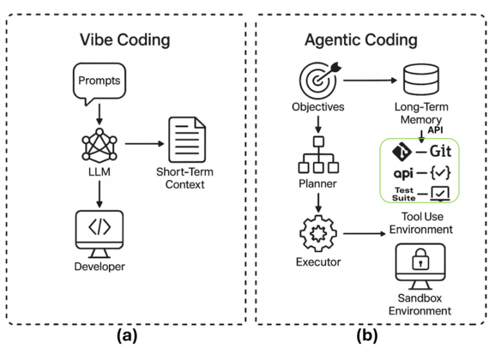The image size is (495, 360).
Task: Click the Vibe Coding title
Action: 124,39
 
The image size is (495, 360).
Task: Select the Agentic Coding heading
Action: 360,39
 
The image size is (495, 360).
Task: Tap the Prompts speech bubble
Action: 99,82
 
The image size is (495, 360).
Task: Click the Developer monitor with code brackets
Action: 99,229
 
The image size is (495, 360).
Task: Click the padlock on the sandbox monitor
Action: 420,261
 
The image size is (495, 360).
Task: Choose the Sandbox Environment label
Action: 420,304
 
